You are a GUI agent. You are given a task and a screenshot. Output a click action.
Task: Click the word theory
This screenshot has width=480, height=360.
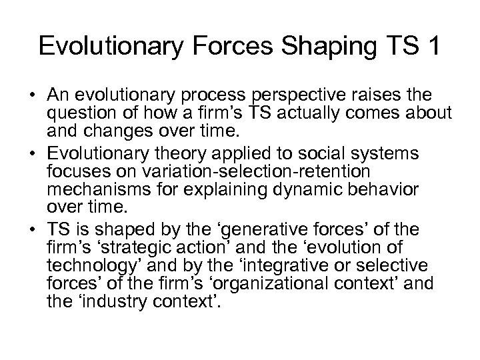click(x=185, y=155)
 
